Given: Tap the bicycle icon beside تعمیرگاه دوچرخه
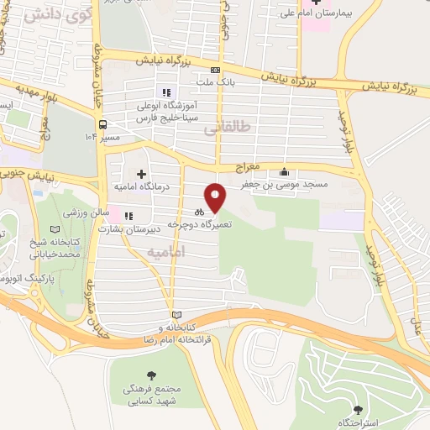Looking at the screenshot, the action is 199,212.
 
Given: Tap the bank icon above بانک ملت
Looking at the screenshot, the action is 216,71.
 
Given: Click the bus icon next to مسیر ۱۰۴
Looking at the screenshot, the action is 102,125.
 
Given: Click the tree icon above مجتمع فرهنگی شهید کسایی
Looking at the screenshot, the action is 150,377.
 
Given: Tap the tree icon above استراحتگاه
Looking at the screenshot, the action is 359,409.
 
